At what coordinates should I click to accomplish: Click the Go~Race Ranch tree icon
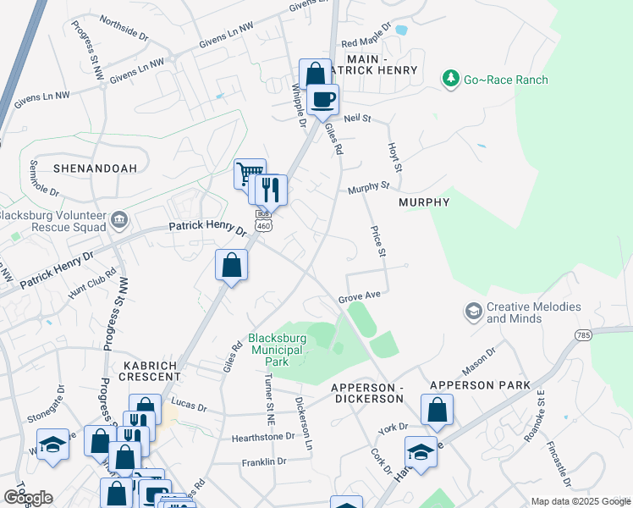point(450,80)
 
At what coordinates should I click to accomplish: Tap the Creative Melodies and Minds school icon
point(473,312)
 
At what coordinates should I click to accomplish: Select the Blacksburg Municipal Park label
point(278,349)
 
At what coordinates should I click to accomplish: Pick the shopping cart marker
point(249,174)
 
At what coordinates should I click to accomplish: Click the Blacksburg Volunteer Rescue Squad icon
point(119,222)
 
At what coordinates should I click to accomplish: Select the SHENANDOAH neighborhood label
point(95,168)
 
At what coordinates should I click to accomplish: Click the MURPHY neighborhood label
point(424,202)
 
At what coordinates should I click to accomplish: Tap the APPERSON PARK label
point(480,385)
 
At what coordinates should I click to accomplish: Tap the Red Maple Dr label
point(366,43)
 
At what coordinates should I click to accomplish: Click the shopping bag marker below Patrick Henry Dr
point(231,266)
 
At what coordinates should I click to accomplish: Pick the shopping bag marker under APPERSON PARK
point(437,411)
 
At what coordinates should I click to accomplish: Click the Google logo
point(28,498)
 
